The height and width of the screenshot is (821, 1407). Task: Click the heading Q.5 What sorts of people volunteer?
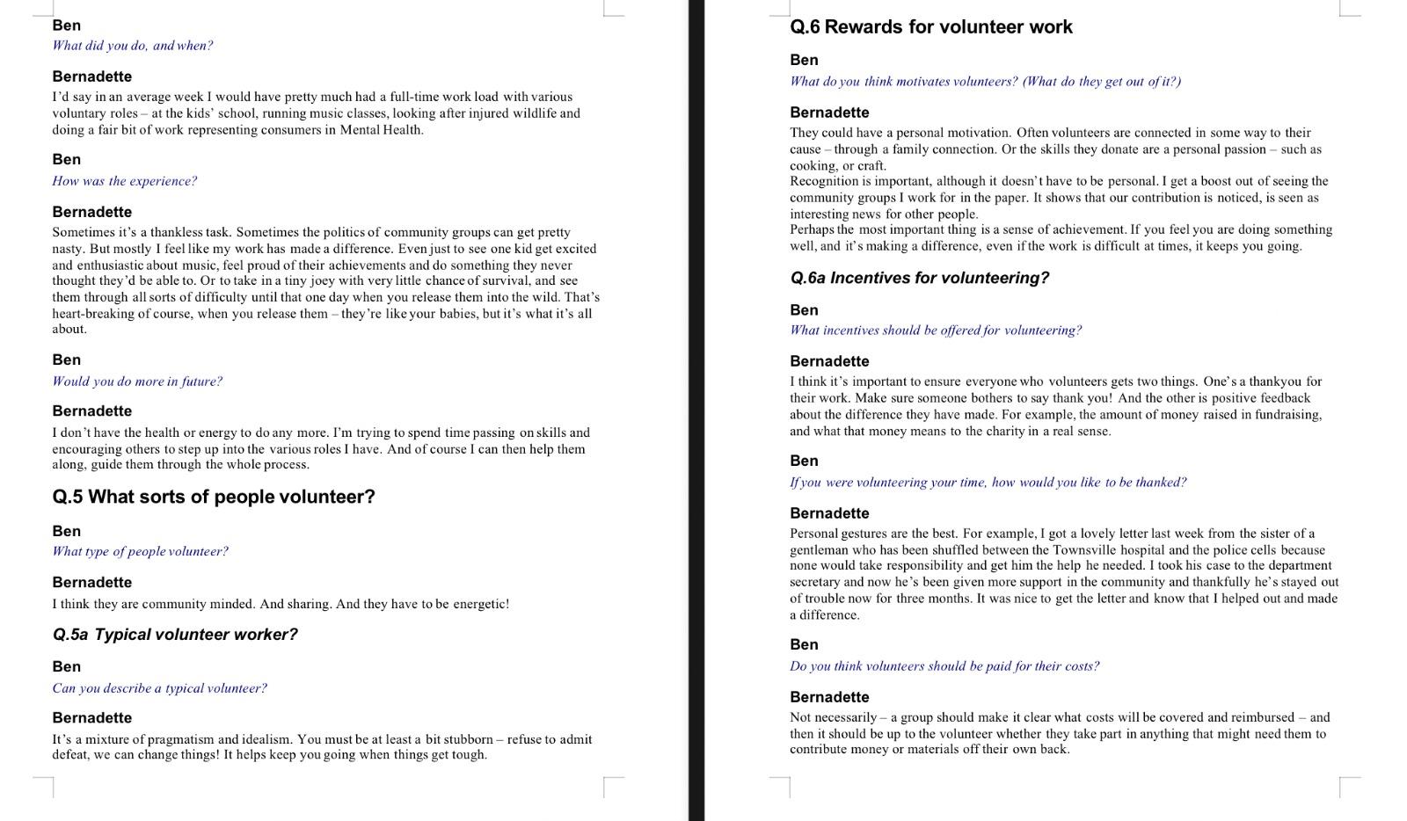pos(214,497)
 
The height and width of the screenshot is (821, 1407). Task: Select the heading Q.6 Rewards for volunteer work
pos(930,26)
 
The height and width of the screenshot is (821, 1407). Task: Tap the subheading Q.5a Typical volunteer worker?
pos(175,635)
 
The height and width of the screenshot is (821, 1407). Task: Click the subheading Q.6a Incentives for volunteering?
pos(919,278)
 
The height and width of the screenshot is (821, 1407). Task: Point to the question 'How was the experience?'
pos(124,181)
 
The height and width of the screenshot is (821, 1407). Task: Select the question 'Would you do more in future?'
pos(137,381)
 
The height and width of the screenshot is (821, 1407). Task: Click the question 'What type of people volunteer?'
pos(140,551)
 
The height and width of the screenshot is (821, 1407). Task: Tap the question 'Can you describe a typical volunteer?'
pos(159,688)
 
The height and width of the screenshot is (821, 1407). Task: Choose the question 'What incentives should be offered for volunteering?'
pos(935,331)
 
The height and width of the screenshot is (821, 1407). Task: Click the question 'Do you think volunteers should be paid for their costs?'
pos(944,666)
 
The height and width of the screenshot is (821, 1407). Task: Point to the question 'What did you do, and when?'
pos(132,46)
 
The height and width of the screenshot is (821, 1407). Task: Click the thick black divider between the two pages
pos(696,410)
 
